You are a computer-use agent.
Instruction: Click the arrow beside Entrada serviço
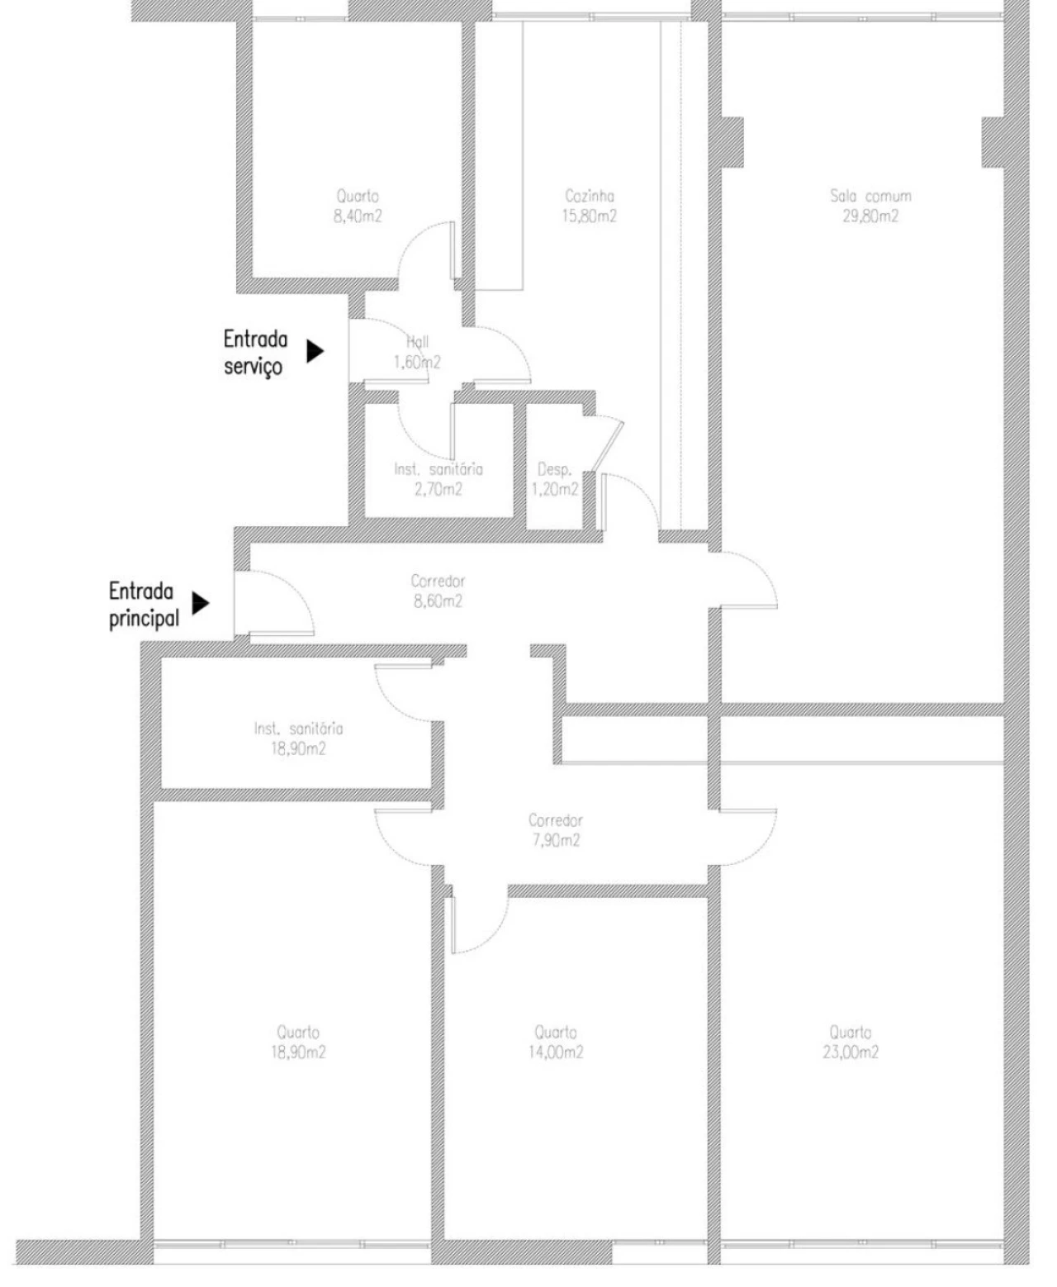315,351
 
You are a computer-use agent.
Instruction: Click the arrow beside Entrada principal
201,603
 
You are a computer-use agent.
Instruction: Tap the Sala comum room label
870,197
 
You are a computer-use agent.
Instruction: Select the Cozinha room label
590,197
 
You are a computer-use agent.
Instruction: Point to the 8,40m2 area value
358,216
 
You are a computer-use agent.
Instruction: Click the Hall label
418,342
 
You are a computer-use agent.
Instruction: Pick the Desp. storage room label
554,469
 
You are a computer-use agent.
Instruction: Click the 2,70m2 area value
438,489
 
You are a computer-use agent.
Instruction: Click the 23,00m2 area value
851,1052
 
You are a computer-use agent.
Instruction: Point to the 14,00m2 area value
555,1052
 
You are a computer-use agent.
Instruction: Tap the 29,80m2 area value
870,216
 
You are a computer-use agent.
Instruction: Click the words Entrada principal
143,605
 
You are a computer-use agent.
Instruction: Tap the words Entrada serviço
255,352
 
